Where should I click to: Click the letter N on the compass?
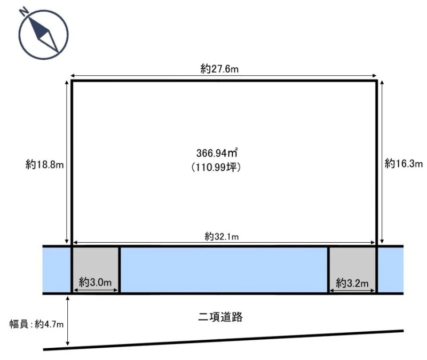point(24,11)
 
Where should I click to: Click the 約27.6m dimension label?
point(219,69)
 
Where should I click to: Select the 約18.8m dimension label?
point(45,164)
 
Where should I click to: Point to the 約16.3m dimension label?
point(404,164)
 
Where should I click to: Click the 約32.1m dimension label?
point(222,236)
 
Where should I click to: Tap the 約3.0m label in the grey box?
point(96,282)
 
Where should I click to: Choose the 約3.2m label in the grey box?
point(352,283)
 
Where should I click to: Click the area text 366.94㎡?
point(217,153)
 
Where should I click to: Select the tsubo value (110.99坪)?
point(216,167)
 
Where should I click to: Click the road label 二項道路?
point(220,317)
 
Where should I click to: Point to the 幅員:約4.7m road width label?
point(36,324)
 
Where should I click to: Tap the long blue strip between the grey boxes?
point(224,270)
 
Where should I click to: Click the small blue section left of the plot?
point(57,270)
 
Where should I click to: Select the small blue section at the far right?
point(391,270)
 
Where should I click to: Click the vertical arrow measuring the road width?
point(68,321)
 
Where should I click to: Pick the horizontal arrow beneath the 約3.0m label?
point(96,290)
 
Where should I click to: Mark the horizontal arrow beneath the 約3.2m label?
point(352,291)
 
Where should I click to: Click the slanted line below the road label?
point(223,340)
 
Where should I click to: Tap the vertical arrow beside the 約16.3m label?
point(382,162)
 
